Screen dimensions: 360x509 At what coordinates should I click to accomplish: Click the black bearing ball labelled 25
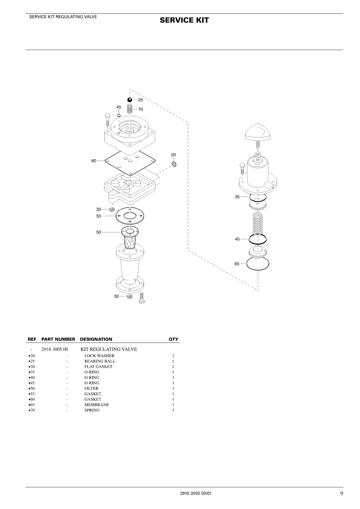point(130,100)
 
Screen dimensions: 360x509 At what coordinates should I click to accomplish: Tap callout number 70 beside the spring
point(141,109)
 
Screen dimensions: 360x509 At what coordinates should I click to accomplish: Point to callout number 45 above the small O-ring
point(119,107)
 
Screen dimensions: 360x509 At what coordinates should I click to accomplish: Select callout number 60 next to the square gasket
point(94,161)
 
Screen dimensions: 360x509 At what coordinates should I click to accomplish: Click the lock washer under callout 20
point(174,164)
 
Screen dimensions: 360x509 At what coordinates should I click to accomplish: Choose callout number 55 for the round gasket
point(98,216)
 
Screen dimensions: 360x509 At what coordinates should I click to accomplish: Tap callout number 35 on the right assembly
point(237,197)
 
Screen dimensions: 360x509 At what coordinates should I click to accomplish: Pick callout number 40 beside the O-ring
point(237,239)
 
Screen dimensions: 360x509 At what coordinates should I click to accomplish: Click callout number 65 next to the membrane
point(237,264)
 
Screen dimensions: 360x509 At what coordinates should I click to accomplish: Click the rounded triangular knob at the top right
point(258,132)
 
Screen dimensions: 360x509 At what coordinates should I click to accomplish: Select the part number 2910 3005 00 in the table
point(54,349)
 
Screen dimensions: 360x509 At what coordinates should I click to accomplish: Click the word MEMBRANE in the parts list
point(97,404)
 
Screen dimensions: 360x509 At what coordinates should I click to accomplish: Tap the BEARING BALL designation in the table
point(100,361)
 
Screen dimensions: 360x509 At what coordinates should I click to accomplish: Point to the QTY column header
point(173,339)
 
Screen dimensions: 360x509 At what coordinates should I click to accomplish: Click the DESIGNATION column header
point(96,339)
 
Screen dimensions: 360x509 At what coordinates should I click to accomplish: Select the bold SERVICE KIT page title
point(184,20)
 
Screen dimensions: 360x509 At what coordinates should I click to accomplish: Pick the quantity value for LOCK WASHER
point(173,356)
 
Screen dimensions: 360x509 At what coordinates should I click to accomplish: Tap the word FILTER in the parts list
point(91,388)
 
